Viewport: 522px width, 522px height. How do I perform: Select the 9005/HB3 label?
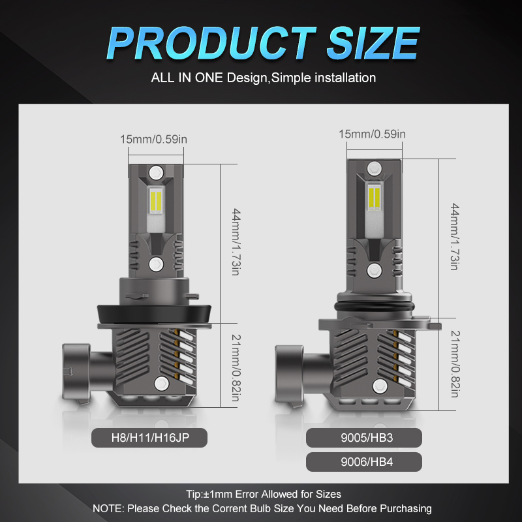point(363,438)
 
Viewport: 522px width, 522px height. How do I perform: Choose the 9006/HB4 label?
point(363,462)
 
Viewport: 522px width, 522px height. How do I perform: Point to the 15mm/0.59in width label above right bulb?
point(373,134)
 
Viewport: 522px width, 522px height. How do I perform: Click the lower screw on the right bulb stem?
point(373,269)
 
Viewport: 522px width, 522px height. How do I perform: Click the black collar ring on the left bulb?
point(156,313)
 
